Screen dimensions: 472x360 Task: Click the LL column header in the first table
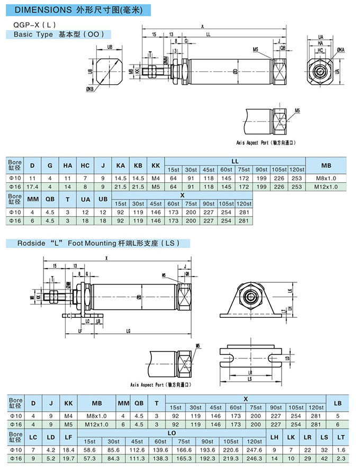[235, 161]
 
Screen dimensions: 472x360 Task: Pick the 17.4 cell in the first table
[32, 186]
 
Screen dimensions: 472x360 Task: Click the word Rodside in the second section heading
[33, 244]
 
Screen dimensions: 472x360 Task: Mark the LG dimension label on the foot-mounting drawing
[129, 331]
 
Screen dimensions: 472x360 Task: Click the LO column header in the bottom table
[171, 433]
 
